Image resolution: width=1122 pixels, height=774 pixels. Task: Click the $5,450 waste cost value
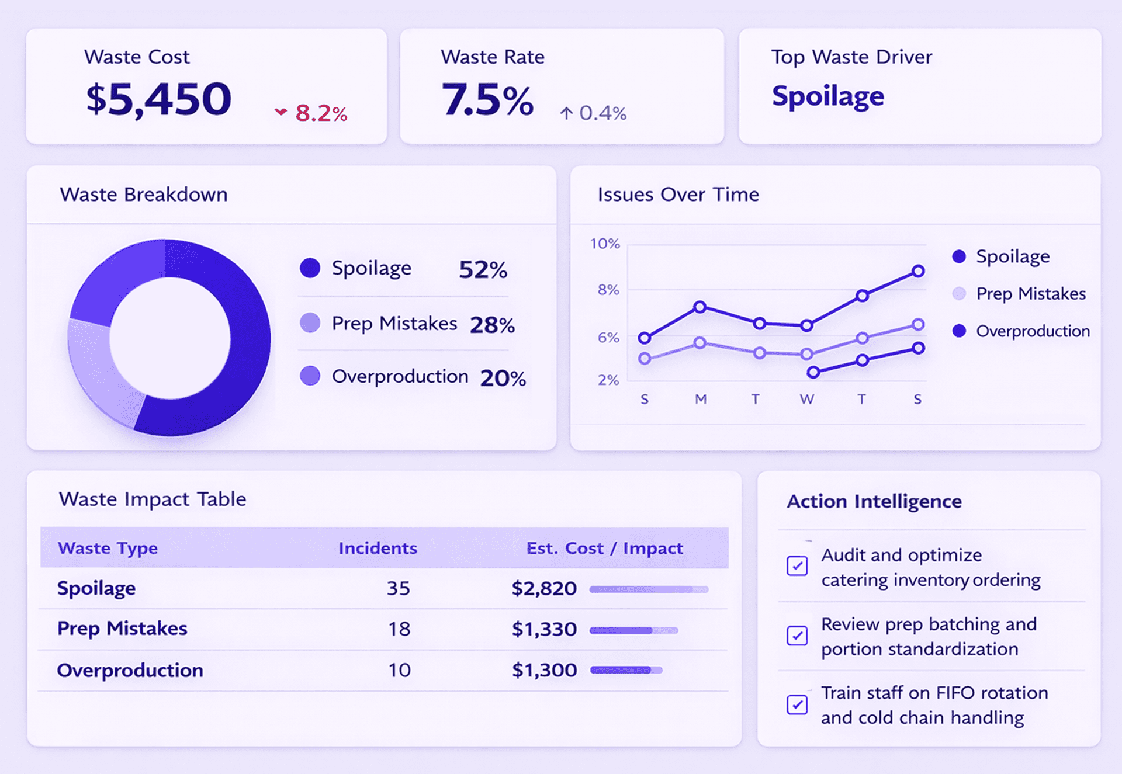click(158, 99)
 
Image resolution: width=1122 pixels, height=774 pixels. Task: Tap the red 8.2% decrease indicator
click(312, 113)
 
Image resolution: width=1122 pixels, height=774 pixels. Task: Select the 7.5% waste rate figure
click(487, 99)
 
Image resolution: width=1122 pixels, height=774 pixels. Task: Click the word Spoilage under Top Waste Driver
click(827, 96)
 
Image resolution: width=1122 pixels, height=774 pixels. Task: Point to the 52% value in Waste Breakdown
click(483, 269)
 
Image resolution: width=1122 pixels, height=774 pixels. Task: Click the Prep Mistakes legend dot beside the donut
click(310, 322)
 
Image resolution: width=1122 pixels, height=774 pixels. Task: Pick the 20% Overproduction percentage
click(503, 378)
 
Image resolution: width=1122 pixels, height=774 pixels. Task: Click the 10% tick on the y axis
click(604, 244)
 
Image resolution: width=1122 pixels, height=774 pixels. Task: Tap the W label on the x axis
click(806, 399)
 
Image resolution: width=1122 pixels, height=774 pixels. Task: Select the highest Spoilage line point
click(918, 271)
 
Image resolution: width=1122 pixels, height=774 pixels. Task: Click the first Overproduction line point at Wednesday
click(813, 372)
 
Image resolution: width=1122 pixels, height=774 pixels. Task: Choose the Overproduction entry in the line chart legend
click(1032, 331)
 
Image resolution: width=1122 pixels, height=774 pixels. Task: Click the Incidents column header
click(378, 548)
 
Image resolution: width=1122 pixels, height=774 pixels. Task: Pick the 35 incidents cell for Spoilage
click(398, 588)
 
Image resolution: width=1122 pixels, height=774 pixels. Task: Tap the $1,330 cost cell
click(543, 629)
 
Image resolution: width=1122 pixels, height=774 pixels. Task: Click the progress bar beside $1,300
click(626, 670)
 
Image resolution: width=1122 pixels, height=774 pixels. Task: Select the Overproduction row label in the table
click(130, 670)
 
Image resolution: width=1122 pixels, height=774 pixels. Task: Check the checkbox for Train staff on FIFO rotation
click(797, 704)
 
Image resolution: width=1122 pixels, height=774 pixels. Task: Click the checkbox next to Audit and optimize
click(797, 565)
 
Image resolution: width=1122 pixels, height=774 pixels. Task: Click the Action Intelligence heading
click(874, 501)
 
